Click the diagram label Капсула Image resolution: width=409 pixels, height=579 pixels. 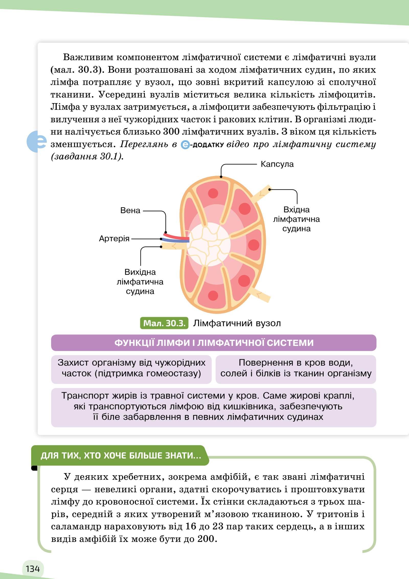point(277,164)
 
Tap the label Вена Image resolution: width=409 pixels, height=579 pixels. point(130,210)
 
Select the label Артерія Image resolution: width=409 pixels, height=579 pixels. point(114,238)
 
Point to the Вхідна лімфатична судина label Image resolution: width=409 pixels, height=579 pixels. point(297,219)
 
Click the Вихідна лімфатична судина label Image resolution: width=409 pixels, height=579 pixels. point(140,281)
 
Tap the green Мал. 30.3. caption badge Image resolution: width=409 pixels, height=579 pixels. point(164,323)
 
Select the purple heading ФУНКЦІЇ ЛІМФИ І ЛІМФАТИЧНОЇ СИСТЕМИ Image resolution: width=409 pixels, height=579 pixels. point(214,343)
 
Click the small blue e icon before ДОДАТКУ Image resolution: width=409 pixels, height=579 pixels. point(185,145)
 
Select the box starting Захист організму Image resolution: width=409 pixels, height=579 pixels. point(131,369)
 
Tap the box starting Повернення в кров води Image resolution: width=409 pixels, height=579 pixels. point(296,369)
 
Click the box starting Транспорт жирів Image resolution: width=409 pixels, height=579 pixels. point(214,407)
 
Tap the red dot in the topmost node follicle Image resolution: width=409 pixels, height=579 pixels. point(213,193)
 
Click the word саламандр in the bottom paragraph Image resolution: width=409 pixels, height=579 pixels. point(76,527)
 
